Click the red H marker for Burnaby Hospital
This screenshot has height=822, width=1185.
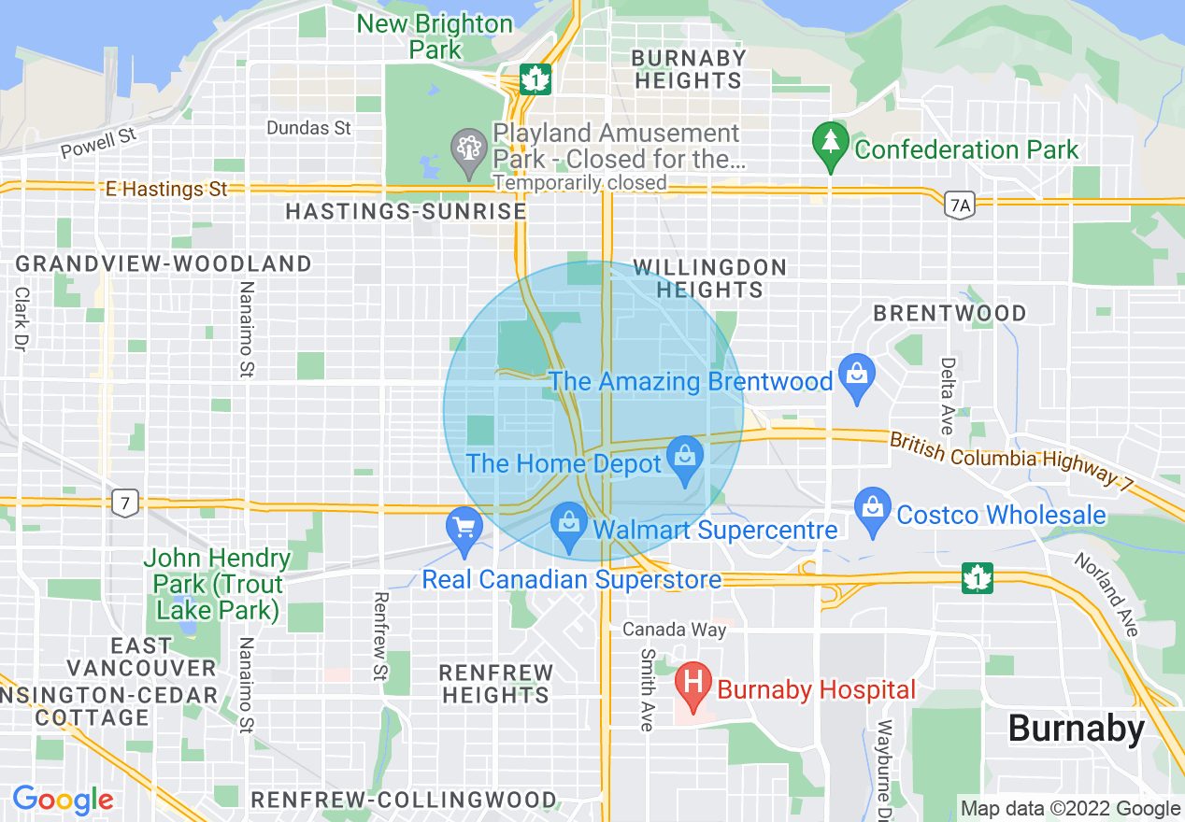pyautogui.click(x=692, y=688)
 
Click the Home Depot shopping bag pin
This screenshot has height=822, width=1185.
pyautogui.click(x=685, y=461)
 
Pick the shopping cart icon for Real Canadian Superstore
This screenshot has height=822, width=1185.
pyautogui.click(x=464, y=530)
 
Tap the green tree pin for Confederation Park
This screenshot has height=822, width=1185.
pyautogui.click(x=829, y=146)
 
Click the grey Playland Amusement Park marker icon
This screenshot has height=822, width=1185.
pyautogui.click(x=467, y=148)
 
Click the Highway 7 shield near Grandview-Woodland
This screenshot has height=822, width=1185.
pyautogui.click(x=124, y=503)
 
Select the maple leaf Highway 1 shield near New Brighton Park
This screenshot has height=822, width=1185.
pyautogui.click(x=535, y=79)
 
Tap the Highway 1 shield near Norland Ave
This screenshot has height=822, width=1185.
pyautogui.click(x=978, y=578)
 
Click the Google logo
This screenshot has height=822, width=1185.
pyautogui.click(x=63, y=800)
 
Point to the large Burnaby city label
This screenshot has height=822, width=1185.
pyautogui.click(x=1077, y=729)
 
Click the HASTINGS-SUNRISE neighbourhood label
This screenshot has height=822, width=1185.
pyautogui.click(x=406, y=212)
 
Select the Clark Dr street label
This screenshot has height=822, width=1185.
pyautogui.click(x=21, y=318)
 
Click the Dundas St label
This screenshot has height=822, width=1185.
pyautogui.click(x=308, y=128)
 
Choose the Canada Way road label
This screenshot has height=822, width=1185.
pyautogui.click(x=674, y=630)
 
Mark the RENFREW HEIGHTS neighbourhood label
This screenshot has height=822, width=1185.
pyautogui.click(x=496, y=684)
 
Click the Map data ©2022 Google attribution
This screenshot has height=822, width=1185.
pyautogui.click(x=1070, y=809)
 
